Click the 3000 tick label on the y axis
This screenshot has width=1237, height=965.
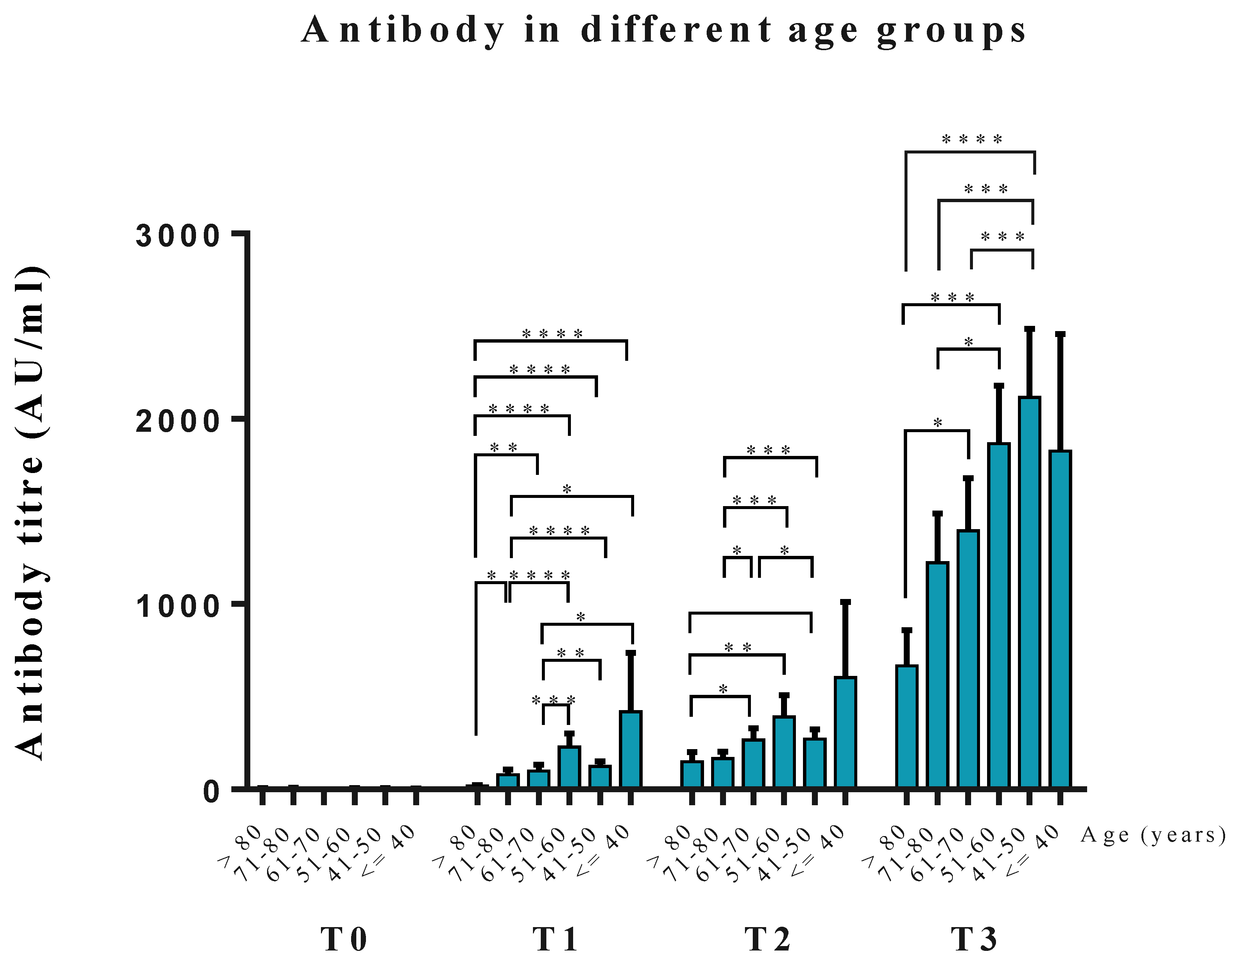177,236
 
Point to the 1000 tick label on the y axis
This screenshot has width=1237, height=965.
177,606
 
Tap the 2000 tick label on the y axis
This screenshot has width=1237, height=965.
177,421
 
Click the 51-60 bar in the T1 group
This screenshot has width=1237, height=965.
569,767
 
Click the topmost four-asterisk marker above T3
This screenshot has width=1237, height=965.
972,139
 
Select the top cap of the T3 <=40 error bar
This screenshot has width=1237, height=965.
1060,334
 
